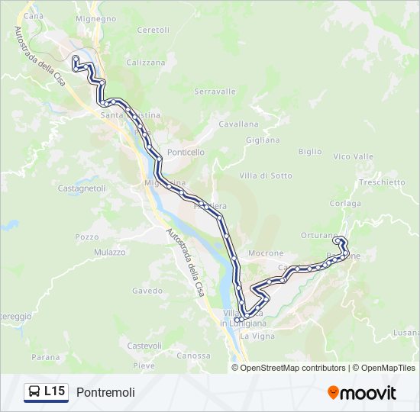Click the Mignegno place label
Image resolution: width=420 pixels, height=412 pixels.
(x=95, y=18)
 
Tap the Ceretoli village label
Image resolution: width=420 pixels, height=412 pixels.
(x=153, y=30)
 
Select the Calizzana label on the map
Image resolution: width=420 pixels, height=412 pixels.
(x=145, y=63)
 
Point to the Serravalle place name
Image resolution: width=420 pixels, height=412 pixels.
(x=215, y=91)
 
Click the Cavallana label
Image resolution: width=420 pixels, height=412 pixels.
(x=239, y=123)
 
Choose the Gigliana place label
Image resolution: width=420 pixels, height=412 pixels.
(x=263, y=140)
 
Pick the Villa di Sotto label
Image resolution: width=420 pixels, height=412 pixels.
(x=266, y=175)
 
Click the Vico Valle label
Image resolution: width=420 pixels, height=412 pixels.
(x=353, y=156)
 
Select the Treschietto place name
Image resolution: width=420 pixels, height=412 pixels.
(x=382, y=182)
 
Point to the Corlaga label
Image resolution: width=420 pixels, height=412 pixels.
(x=345, y=203)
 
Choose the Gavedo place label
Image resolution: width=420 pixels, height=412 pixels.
(x=147, y=291)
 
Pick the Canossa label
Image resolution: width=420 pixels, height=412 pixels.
(x=192, y=356)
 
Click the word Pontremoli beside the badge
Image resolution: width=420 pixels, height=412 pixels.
(x=105, y=392)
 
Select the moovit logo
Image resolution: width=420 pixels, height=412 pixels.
(x=362, y=393)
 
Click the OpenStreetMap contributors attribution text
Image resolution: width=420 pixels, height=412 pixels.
(x=292, y=368)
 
